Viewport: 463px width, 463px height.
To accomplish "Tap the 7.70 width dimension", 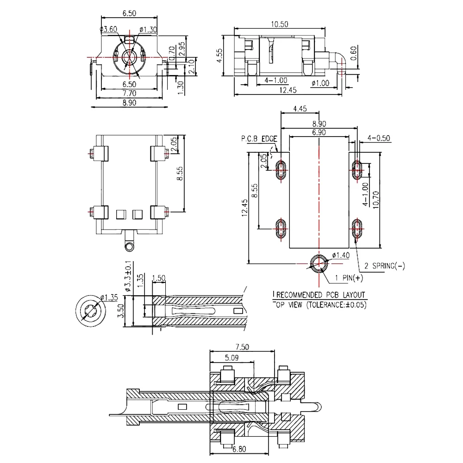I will [129, 94].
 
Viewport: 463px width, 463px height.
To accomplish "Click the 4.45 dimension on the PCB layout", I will [300, 109].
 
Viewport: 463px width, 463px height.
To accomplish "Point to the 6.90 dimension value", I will [319, 132].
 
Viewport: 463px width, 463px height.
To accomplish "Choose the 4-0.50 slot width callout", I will [378, 138].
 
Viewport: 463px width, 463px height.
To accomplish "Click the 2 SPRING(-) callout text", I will [385, 266].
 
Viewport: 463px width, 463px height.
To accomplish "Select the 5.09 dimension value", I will [232, 357].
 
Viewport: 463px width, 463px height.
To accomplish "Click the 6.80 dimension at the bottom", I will [239, 449].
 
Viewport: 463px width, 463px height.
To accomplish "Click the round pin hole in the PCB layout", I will [319, 264].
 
